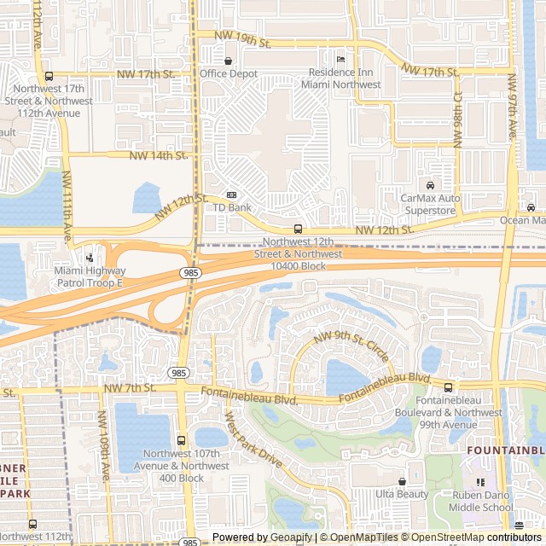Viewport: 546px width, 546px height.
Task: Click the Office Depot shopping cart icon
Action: [x=228, y=61]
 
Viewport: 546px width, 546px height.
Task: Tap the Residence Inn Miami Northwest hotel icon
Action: [x=340, y=59]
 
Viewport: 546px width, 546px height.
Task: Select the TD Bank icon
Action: [x=231, y=195]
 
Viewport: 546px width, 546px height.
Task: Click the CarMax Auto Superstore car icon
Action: [x=430, y=185]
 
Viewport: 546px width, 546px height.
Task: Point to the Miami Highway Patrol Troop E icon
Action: [x=90, y=258]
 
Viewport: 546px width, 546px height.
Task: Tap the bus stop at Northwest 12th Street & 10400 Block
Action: [x=298, y=229]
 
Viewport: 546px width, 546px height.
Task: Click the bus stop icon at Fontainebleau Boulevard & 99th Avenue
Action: [x=448, y=387]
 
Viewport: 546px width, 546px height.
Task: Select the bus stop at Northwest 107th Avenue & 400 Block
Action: [x=180, y=440]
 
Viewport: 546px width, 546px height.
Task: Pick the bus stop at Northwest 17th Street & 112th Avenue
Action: [x=49, y=76]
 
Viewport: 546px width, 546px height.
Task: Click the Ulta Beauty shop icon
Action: [x=402, y=481]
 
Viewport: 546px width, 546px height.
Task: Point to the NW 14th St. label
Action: [x=158, y=155]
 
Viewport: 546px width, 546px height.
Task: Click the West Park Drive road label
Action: [x=253, y=439]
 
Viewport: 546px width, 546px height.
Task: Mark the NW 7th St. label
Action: [x=130, y=388]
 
